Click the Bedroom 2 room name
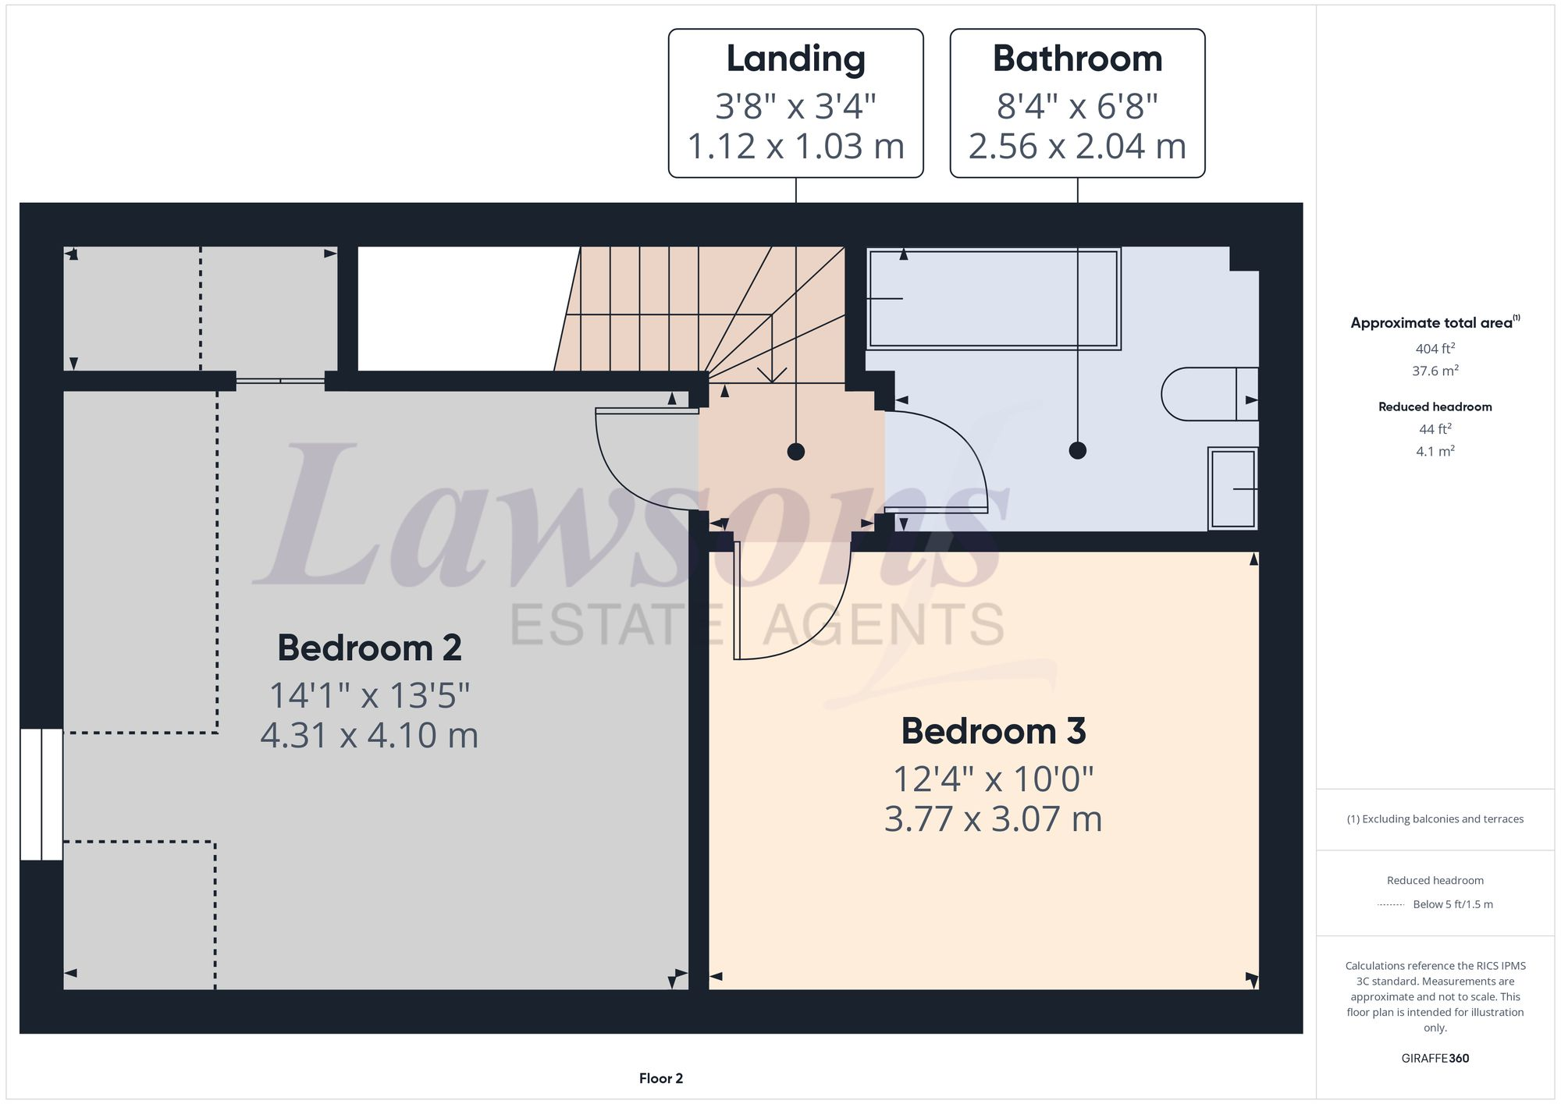coord(369,648)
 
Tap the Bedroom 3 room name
coord(993,731)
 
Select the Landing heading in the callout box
coord(795,59)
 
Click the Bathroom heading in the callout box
coord(1077,59)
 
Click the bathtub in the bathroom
coord(993,299)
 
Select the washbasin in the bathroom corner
coord(1232,488)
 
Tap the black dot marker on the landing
coord(795,451)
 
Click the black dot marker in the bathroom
coord(1077,450)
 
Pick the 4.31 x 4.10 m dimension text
coord(369,736)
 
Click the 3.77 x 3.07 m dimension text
coord(993,819)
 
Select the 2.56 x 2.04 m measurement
coord(1077,147)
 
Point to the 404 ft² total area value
coord(1435,349)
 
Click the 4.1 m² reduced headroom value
coord(1435,451)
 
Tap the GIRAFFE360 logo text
coord(1435,1058)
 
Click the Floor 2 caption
coord(660,1078)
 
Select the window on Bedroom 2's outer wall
coord(41,794)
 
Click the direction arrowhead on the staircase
coord(772,375)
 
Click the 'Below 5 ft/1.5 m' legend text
coord(1453,904)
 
